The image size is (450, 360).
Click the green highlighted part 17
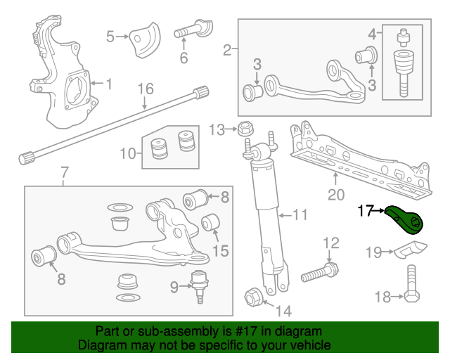point(406,219)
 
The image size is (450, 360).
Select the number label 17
point(367,210)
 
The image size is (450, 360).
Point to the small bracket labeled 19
point(409,250)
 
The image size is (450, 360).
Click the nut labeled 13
point(245,129)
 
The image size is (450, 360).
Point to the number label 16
point(145,89)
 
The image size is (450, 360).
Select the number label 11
point(300,215)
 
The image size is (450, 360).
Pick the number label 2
point(227,50)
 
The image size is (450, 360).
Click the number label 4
point(372,33)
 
